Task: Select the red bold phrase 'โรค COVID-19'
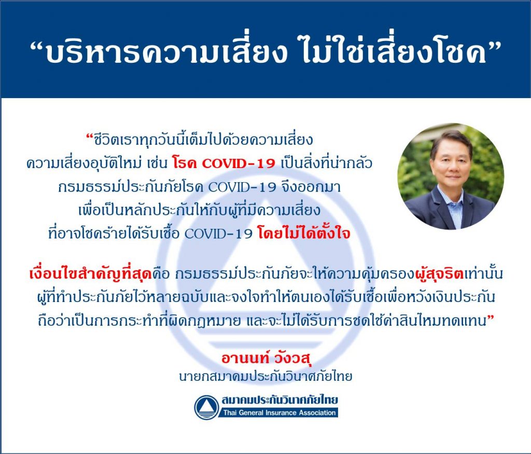pos(223,163)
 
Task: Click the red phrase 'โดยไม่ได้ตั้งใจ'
pos(303,233)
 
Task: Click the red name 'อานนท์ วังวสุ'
pos(266,358)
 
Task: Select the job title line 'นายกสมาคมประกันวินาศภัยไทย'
pos(265,376)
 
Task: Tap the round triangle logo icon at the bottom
pos(206,407)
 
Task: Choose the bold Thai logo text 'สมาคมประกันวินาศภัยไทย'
pos(280,400)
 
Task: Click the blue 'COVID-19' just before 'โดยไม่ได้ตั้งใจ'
pos(219,233)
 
